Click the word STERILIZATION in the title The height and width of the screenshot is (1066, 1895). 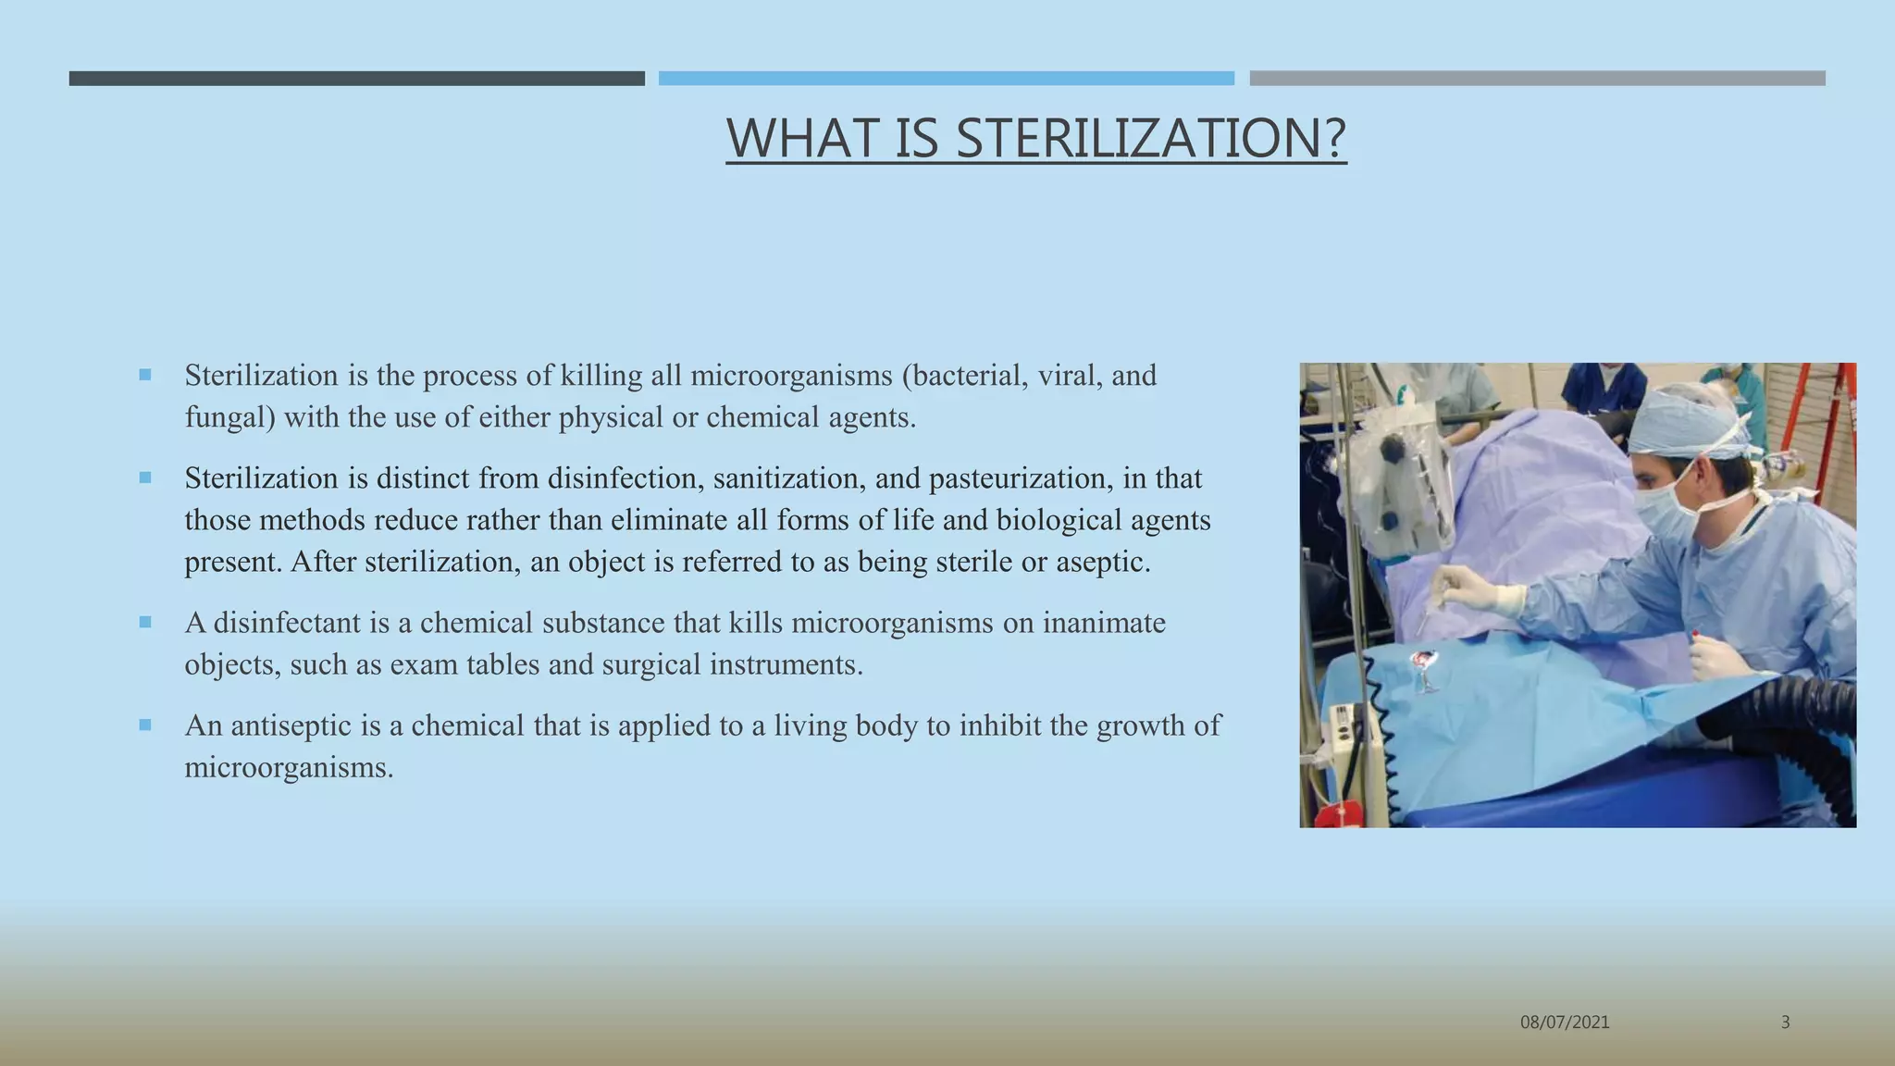[x=1149, y=139]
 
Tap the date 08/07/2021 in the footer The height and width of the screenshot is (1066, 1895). [x=1565, y=1023]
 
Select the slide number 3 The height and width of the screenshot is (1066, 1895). [x=1785, y=1023]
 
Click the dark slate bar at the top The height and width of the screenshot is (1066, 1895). [x=356, y=79]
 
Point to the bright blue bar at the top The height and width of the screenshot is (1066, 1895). [x=946, y=79]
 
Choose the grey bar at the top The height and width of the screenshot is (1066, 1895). [x=1537, y=79]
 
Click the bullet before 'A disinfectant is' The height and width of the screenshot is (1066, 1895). [x=145, y=623]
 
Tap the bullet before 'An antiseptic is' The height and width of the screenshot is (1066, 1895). [x=145, y=725]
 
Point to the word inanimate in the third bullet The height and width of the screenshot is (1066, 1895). [x=1103, y=623]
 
